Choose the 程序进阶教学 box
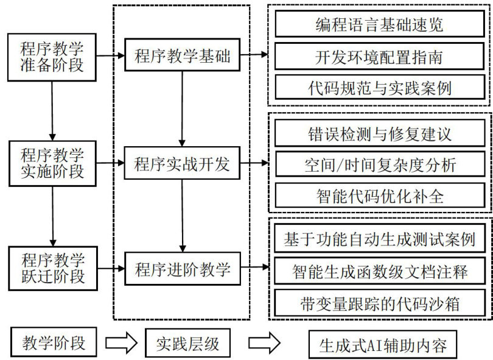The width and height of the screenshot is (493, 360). coord(182,269)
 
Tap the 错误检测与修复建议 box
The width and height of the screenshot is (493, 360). coord(380,132)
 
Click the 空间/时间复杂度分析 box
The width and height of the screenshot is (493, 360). coord(380,164)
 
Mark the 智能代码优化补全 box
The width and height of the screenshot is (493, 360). coord(380,196)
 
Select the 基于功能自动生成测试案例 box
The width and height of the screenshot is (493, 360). coord(380,239)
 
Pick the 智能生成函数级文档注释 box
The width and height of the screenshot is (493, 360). coord(380,270)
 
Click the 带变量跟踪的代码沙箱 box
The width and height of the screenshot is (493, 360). coord(380,302)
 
